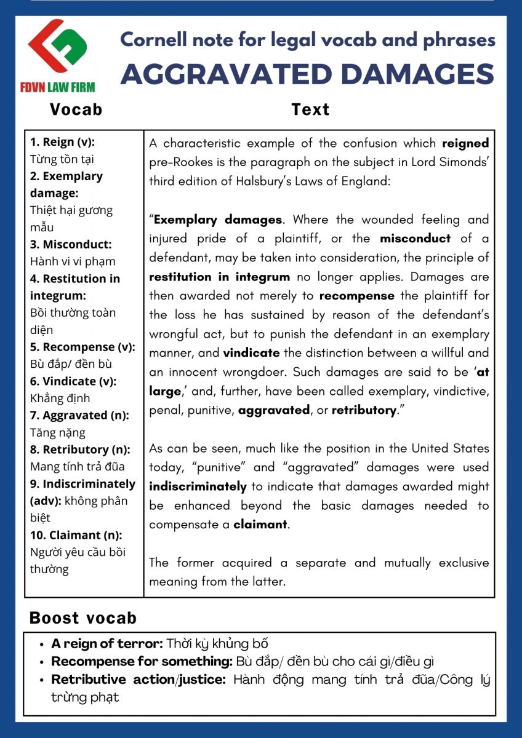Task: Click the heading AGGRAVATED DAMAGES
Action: (307, 74)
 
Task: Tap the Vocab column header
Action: (76, 109)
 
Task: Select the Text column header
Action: (310, 109)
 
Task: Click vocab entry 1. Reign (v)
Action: (62, 142)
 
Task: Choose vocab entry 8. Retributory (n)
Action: (79, 449)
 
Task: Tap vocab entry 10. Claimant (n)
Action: (76, 534)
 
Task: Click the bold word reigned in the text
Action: (465, 144)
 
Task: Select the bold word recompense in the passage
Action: (357, 296)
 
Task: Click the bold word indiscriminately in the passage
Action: (198, 486)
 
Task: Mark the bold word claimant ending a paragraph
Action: (260, 525)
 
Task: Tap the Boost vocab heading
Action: (83, 618)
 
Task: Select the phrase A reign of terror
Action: (106, 644)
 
